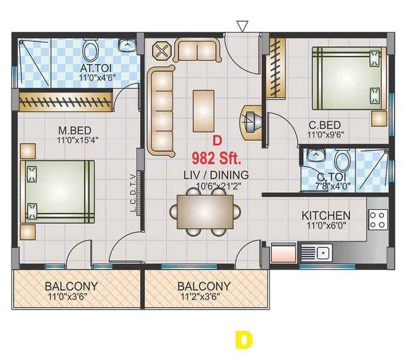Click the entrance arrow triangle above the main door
click(242, 25)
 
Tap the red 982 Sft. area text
click(216, 159)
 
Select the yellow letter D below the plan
click(243, 340)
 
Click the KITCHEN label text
click(325, 215)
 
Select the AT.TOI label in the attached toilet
click(95, 67)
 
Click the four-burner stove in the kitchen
click(378, 219)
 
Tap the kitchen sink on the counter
click(322, 253)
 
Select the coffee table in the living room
click(204, 107)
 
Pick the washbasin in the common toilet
click(313, 156)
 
